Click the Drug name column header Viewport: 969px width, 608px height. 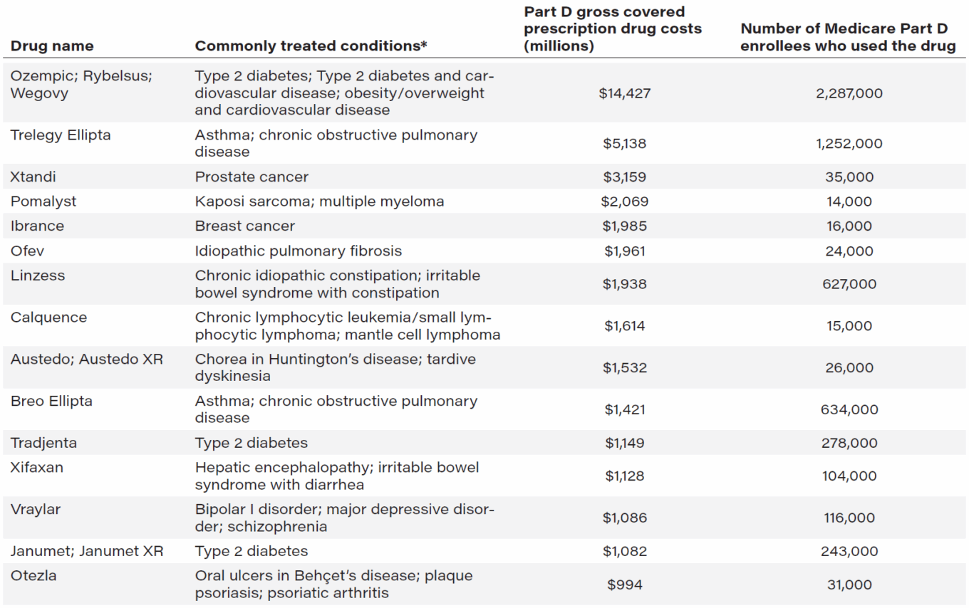[x=52, y=46]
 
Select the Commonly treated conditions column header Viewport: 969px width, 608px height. [x=311, y=46]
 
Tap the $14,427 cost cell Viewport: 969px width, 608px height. [x=625, y=93]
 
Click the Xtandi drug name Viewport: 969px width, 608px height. [x=33, y=177]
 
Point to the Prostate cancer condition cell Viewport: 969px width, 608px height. [x=252, y=177]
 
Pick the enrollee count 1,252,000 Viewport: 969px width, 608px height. [x=849, y=143]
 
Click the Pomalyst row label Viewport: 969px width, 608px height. [x=43, y=201]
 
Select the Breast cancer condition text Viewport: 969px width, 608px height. [x=244, y=226]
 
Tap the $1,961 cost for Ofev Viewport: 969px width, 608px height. [x=625, y=251]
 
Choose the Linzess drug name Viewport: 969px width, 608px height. [x=37, y=276]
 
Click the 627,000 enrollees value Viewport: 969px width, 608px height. [x=849, y=284]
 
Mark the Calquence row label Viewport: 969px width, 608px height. [x=48, y=318]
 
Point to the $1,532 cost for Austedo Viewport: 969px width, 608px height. [x=625, y=368]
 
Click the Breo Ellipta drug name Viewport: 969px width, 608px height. [x=51, y=401]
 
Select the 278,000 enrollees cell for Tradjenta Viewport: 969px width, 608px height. [x=849, y=443]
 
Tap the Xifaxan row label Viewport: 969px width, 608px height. [x=36, y=468]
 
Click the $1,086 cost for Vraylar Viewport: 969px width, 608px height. [x=625, y=518]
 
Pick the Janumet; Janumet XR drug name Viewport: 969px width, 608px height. [x=86, y=551]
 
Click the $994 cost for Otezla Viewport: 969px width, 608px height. [x=625, y=585]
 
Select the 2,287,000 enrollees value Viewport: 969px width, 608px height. [x=849, y=93]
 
